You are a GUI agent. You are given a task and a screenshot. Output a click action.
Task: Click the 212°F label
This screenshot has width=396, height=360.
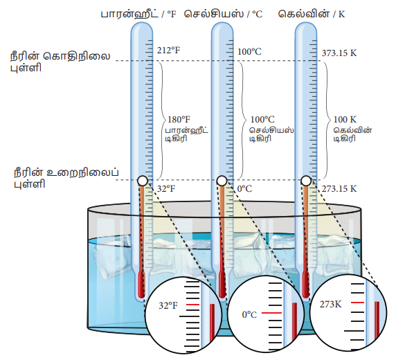click(x=168, y=51)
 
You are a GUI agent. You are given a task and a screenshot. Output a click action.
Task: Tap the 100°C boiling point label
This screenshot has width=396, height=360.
click(x=249, y=51)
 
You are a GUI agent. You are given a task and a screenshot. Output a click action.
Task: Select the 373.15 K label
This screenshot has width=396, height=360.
click(x=339, y=53)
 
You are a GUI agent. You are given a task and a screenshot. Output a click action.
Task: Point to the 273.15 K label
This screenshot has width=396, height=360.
click(x=339, y=188)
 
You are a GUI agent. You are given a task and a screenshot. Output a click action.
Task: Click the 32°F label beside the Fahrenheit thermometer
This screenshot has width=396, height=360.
click(x=166, y=188)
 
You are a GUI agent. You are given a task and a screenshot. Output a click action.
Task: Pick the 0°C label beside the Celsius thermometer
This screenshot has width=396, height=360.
click(x=244, y=188)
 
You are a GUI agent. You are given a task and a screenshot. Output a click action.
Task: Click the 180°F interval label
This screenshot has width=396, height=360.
click(x=179, y=119)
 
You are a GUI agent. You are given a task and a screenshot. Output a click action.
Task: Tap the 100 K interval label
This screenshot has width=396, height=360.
click(x=345, y=119)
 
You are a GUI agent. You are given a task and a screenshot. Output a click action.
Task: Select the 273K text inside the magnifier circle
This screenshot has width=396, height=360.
click(x=331, y=304)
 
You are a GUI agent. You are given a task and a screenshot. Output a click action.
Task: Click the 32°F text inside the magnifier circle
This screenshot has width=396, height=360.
click(x=168, y=305)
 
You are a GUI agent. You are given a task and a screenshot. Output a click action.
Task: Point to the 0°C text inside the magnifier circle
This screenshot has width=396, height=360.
click(x=249, y=314)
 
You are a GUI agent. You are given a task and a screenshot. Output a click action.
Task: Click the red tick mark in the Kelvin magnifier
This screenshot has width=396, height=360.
click(x=357, y=303)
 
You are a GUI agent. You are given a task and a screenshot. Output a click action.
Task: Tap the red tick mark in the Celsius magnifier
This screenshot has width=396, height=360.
click(x=271, y=313)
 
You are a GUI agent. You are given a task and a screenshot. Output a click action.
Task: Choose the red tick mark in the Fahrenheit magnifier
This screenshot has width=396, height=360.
click(x=192, y=305)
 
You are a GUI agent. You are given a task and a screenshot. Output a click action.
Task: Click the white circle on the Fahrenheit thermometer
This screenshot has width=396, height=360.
click(x=143, y=181)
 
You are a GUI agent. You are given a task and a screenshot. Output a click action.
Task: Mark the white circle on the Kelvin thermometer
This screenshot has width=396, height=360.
click(x=306, y=181)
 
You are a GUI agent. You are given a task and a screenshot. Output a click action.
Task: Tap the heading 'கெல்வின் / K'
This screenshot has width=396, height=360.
click(x=312, y=14)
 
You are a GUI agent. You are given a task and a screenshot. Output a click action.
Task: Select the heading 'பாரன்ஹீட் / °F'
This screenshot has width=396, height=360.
click(x=138, y=14)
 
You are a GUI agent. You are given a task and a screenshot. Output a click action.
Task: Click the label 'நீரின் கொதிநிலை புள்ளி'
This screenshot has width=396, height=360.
click(x=60, y=62)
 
